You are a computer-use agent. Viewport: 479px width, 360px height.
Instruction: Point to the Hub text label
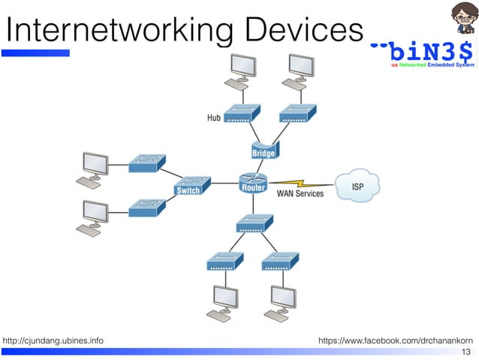[214, 118]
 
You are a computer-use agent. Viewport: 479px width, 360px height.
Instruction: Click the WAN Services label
[300, 194]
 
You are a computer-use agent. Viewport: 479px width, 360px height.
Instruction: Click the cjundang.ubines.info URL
[53, 341]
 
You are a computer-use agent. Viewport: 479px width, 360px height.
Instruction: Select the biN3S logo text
[425, 53]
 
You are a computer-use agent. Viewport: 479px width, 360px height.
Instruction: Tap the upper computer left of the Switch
[93, 167]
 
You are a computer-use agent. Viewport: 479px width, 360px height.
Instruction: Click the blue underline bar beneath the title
[38, 53]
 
